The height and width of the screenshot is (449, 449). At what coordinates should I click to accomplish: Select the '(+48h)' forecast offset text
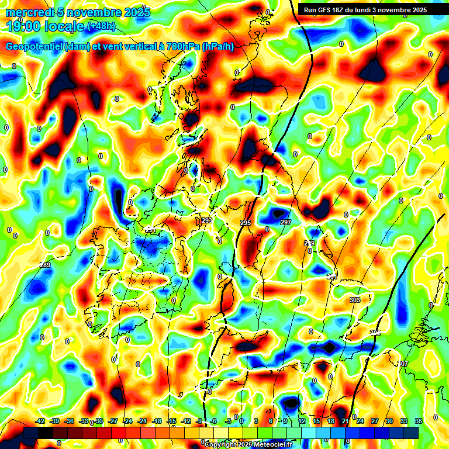coord(101,26)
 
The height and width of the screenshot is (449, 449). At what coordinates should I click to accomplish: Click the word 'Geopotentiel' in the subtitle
coord(34,47)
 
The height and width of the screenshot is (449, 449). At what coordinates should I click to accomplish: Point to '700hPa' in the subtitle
coord(181,47)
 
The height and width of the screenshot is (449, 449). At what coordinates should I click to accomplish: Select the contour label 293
coord(207,220)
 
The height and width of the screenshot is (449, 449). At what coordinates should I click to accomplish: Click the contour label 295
coord(246,223)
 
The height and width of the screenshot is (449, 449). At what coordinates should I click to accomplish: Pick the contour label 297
coord(286,223)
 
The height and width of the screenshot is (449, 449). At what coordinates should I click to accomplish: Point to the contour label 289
coord(45,265)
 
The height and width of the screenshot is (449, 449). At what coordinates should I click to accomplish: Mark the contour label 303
coord(354,300)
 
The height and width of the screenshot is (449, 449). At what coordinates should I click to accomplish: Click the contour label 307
coord(403,364)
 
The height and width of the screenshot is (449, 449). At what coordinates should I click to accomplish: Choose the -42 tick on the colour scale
coord(40,421)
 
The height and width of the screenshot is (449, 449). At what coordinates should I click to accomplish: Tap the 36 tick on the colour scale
coord(419,421)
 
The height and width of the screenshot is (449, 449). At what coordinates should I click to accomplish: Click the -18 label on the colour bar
coord(157,421)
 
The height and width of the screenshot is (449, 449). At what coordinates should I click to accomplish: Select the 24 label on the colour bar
coord(360,421)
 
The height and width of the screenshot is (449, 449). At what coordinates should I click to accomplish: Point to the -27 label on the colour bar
coord(113,421)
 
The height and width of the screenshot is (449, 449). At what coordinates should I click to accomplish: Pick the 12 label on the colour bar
coord(302,421)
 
